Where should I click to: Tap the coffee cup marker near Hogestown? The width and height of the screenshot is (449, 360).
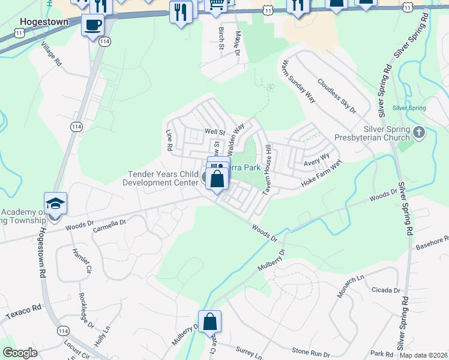coord(92,25)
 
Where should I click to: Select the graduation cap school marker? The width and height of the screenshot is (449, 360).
coord(55,204)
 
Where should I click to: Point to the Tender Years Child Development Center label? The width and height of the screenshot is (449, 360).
coord(162,179)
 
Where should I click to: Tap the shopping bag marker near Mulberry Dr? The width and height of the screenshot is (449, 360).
coord(210,322)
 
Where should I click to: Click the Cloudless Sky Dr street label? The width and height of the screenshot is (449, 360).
coord(337,97)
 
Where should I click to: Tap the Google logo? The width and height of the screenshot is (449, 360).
coord(20,353)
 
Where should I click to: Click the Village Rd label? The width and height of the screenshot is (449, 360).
coord(52,54)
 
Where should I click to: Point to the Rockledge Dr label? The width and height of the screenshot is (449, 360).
coord(86,311)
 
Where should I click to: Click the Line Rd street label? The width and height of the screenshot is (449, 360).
coord(169,139)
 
